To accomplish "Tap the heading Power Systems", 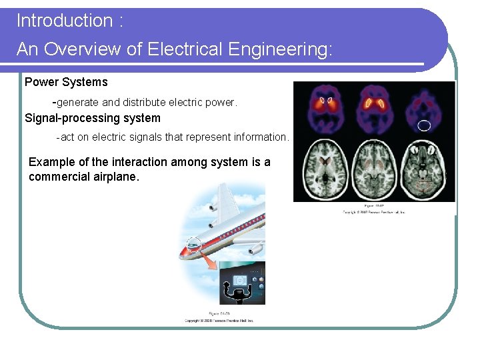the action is click(66, 83).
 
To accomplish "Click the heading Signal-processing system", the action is click(93, 119).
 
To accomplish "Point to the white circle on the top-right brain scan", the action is click(425, 125).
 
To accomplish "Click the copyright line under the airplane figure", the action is click(219, 321).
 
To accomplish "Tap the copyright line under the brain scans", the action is click(374, 212).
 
